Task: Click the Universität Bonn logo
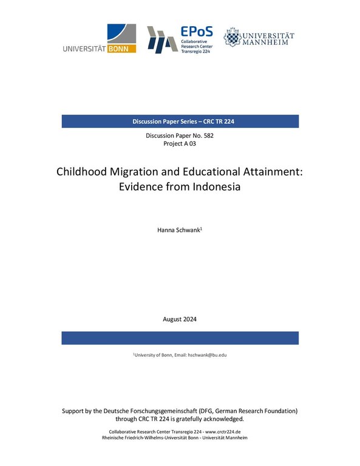(x=100, y=39)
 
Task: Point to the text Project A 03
(x=180, y=144)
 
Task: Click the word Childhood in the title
(x=83, y=172)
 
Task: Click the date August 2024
(x=180, y=319)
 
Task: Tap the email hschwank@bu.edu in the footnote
(x=205, y=354)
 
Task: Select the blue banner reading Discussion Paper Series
(x=180, y=121)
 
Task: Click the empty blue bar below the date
(x=180, y=338)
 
